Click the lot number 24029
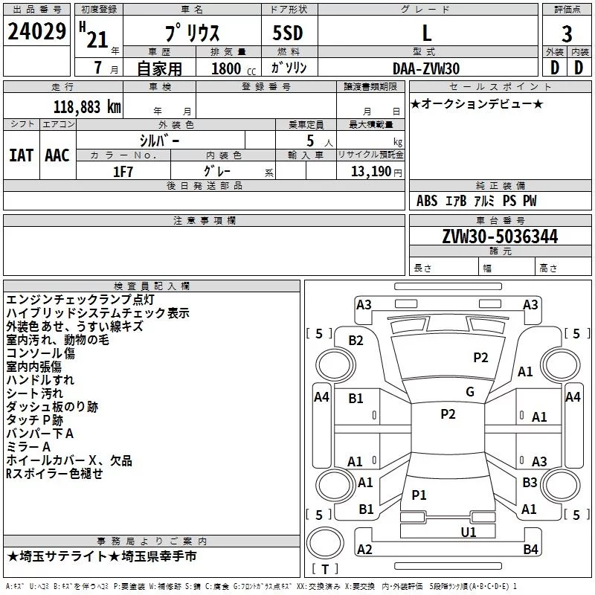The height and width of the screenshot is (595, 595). click(36, 31)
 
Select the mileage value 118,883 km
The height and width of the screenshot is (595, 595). click(87, 107)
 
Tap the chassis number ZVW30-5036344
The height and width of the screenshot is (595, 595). click(500, 237)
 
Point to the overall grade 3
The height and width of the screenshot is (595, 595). click(567, 34)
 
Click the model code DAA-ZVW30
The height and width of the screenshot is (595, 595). click(426, 68)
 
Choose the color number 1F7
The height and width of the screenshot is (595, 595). click(123, 172)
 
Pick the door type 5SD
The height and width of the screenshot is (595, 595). click(288, 33)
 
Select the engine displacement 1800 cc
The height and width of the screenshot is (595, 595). click(234, 68)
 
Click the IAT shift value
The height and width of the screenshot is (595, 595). click(22, 155)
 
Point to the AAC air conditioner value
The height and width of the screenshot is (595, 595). click(57, 155)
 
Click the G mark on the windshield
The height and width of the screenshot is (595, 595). click(470, 392)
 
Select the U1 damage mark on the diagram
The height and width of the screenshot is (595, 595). click(469, 532)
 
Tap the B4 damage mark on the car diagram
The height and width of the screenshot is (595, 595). click(530, 549)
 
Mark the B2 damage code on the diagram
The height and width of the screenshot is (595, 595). click(356, 341)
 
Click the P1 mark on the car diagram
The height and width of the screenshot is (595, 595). click(419, 495)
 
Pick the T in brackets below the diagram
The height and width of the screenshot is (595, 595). click(325, 569)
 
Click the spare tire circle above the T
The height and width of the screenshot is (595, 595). click(325, 542)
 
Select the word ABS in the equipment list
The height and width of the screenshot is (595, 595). click(427, 201)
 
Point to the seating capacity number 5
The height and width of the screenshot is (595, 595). click(310, 141)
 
